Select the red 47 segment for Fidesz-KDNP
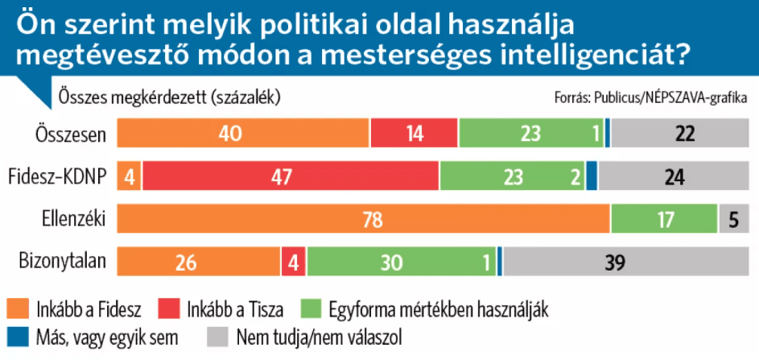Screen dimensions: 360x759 [291, 176]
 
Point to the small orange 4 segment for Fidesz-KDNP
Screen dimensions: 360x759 [129, 176]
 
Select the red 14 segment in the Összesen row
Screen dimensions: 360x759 [415, 134]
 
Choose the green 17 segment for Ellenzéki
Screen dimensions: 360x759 [664, 219]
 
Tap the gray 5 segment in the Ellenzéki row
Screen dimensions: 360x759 [732, 219]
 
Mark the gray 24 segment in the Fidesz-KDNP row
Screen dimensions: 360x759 [672, 176]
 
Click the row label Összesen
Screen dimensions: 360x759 [72, 134]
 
